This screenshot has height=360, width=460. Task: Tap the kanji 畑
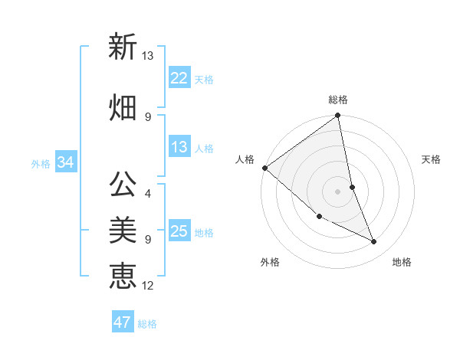(123, 106)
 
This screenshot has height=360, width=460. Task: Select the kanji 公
(123, 184)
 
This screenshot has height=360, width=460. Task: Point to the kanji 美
(123, 229)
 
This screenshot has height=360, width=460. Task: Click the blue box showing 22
(179, 77)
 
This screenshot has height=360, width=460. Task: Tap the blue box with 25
(179, 231)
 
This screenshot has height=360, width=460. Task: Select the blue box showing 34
(65, 162)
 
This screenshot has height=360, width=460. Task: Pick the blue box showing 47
(123, 322)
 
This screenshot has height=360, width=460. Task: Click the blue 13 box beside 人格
(179, 147)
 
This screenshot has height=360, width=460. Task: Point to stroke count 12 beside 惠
(148, 286)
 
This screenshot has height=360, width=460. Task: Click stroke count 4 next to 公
(148, 184)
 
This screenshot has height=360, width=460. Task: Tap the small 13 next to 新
(148, 55)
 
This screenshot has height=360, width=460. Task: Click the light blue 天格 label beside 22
(204, 79)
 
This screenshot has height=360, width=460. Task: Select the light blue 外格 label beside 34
(41, 163)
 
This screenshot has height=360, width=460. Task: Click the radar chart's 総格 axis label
(338, 100)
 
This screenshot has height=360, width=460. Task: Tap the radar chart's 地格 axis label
(402, 263)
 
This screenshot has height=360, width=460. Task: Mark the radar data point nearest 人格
(264, 168)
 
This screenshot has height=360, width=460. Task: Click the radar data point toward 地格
(374, 242)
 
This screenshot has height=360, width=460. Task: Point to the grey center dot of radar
(338, 191)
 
